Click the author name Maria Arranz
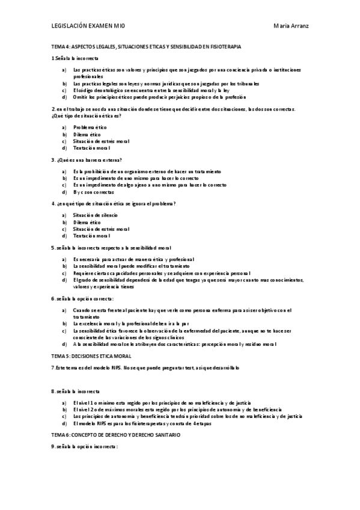pos(291,26)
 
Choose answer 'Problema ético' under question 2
pos(90,127)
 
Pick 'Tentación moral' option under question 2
pos(91,147)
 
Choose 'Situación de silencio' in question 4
pos(96,215)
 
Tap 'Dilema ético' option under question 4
pos(87,222)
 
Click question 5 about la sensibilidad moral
pos(112,247)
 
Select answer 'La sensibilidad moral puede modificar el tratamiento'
pos(131,265)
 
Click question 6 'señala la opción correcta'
pos(82,298)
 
